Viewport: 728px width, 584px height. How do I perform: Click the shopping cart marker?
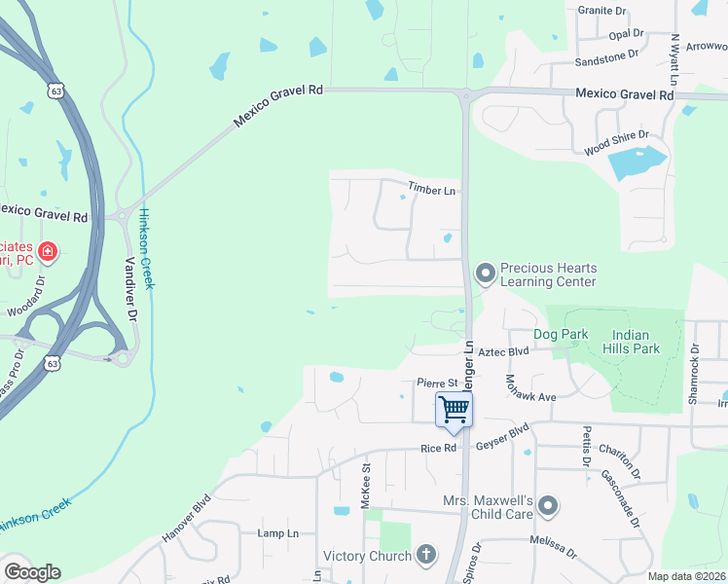454,410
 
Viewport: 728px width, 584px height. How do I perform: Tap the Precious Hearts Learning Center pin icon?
485,274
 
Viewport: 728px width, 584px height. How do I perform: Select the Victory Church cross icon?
424,556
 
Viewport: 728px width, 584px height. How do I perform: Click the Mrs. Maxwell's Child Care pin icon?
548,505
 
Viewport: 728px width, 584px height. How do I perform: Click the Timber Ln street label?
431,190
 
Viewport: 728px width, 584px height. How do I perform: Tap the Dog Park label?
561,334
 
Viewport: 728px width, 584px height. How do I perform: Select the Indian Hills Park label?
637,342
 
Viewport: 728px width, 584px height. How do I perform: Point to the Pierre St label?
437,383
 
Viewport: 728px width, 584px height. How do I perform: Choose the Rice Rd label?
438,448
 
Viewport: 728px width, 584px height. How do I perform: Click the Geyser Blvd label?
501,434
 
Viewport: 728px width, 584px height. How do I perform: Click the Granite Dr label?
601,11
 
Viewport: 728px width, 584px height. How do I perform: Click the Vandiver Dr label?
132,289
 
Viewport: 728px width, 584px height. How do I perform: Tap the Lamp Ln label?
277,533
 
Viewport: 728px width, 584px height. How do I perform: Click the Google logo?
32,572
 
